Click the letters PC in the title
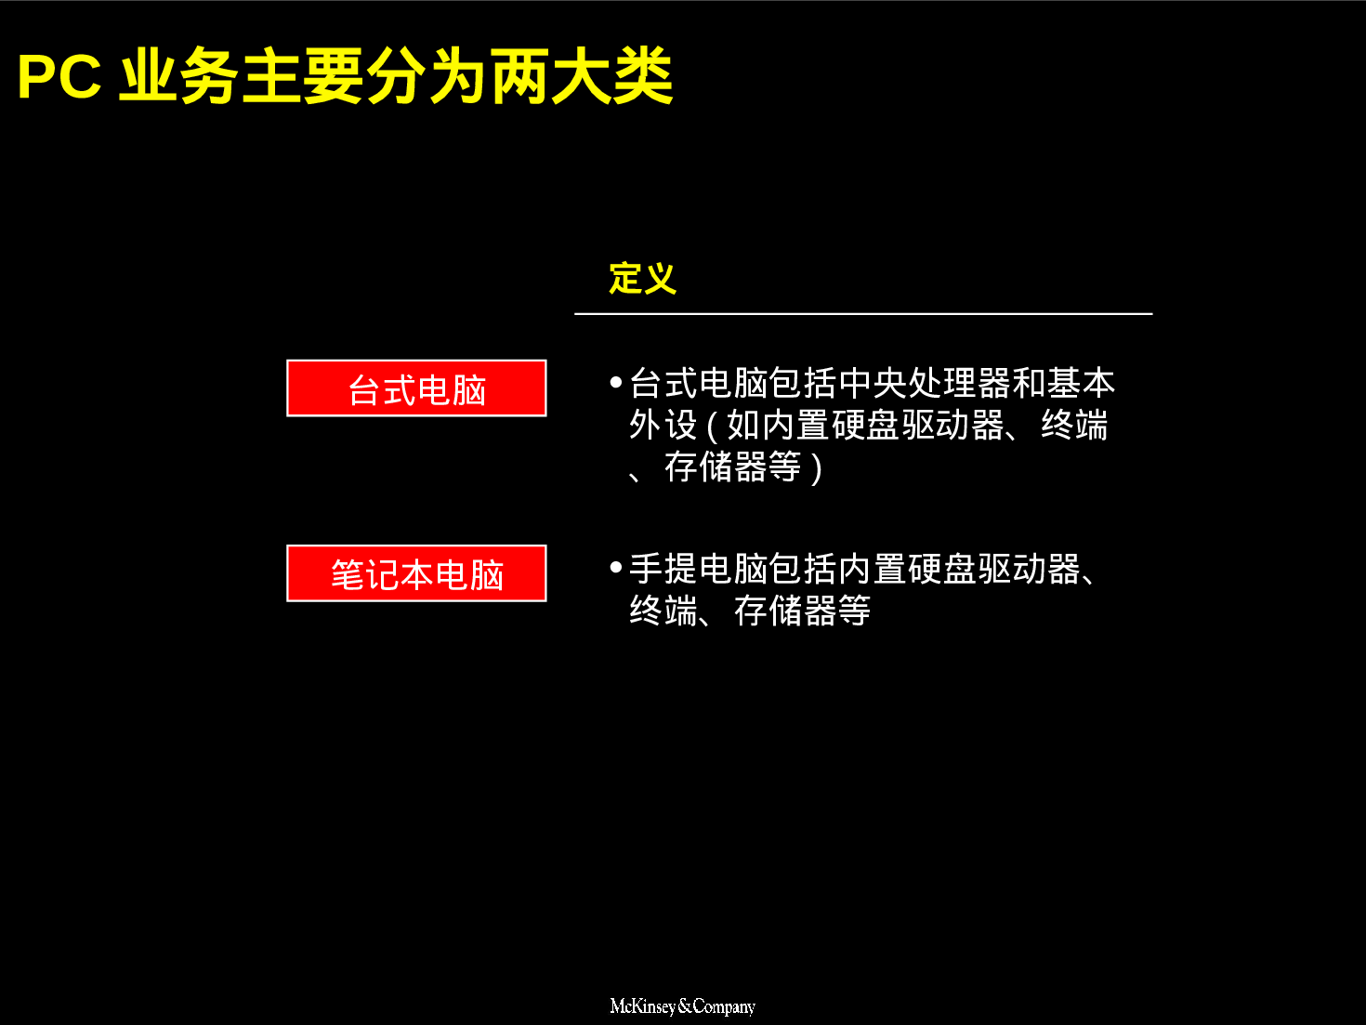tap(59, 77)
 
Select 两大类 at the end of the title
tap(582, 77)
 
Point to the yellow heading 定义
tap(642, 278)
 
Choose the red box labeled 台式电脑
tap(416, 388)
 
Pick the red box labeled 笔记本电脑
tap(416, 573)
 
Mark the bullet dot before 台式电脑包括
tap(615, 382)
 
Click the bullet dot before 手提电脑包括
tap(615, 567)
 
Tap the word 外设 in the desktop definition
tap(663, 426)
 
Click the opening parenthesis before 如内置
tap(712, 427)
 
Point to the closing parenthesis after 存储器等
tap(816, 468)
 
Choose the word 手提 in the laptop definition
tap(663, 569)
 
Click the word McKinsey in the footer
tap(642, 1006)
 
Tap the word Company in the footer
tap(724, 1006)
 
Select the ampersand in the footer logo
tap(685, 1006)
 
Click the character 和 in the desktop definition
tap(1029, 383)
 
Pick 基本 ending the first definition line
tap(1081, 383)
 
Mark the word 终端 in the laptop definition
tap(663, 611)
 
